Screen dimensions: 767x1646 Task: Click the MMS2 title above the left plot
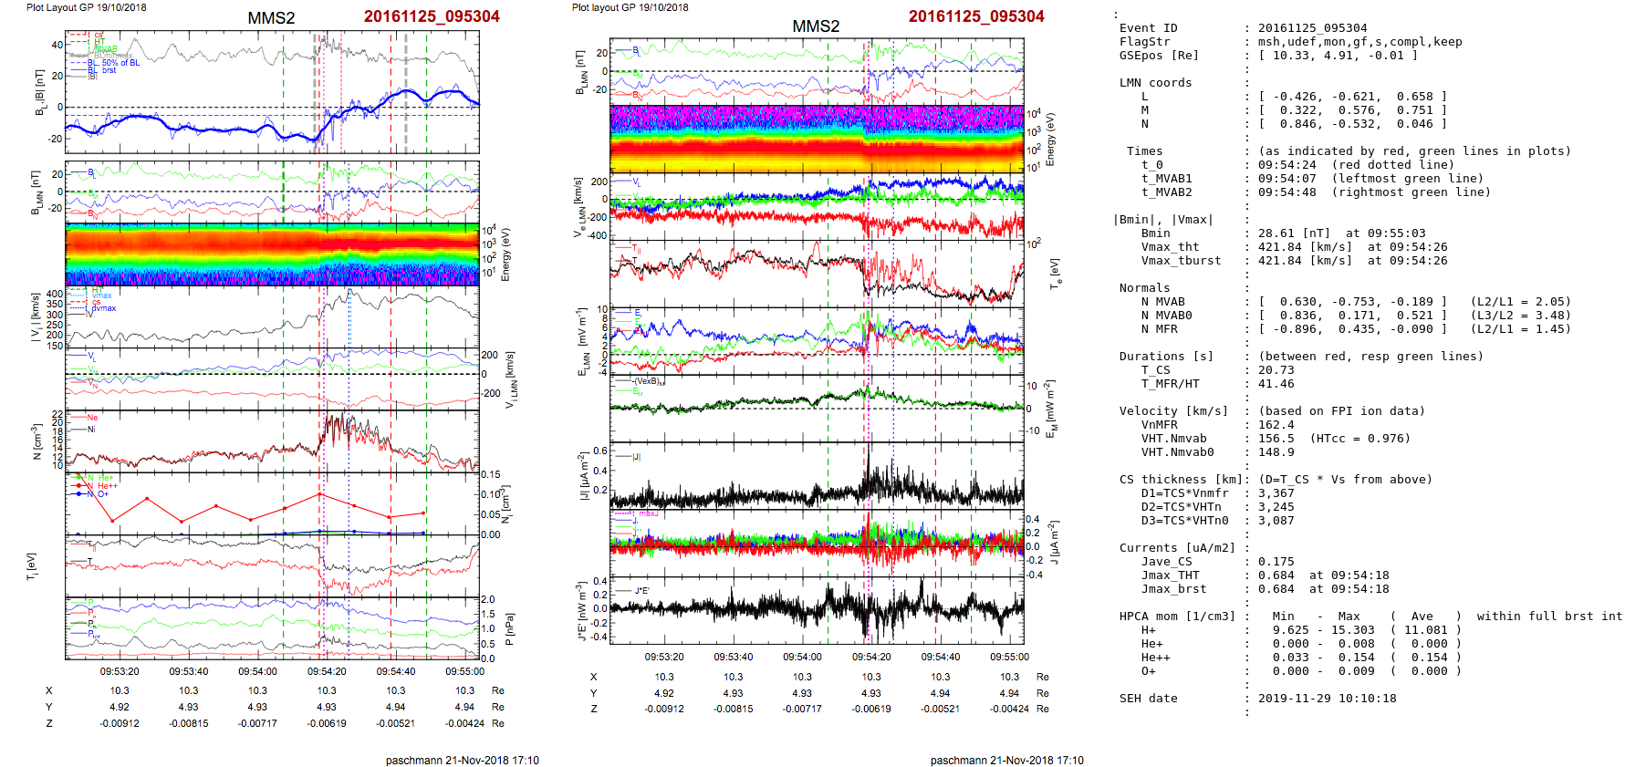click(x=271, y=18)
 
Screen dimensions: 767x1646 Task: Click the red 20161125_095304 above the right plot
click(x=975, y=16)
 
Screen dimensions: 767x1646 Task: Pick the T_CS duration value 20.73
click(x=1276, y=370)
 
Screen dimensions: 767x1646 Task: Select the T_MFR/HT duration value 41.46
click(x=1276, y=384)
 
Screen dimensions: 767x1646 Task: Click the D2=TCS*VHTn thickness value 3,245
click(x=1276, y=507)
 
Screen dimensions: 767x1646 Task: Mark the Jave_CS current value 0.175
click(x=1276, y=562)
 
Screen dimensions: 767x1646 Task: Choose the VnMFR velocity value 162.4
click(x=1276, y=425)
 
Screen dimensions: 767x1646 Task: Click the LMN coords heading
click(x=1155, y=83)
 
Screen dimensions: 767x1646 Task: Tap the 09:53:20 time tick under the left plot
click(x=120, y=672)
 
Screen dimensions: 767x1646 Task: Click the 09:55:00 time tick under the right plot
click(x=1009, y=657)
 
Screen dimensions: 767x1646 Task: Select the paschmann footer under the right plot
click(x=1006, y=761)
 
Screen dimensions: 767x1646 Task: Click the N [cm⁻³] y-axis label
click(x=37, y=442)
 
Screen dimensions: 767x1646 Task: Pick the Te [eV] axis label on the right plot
click(x=1056, y=273)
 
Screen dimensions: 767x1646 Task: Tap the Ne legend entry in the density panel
click(x=92, y=418)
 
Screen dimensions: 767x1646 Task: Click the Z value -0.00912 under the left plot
click(x=120, y=723)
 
